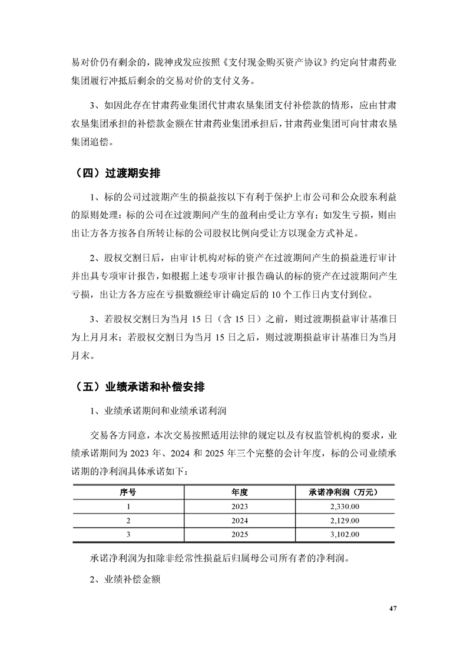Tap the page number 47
393,608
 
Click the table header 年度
240,492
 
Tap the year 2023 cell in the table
240,506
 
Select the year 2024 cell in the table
240,520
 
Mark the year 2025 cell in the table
240,534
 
